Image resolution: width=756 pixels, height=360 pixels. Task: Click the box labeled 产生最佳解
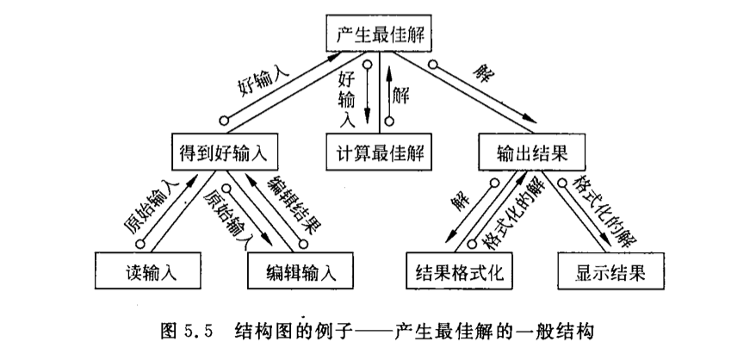pos(379,33)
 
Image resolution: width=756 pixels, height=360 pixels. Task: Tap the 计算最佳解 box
pos(379,152)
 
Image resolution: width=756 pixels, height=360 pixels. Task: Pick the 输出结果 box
pos(532,152)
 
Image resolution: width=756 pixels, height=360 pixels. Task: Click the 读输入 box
pos(148,270)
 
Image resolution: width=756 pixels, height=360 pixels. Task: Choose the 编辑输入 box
pos(301,270)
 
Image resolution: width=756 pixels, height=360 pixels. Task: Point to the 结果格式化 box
pos(459,270)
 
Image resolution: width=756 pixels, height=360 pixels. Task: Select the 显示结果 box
pos(610,270)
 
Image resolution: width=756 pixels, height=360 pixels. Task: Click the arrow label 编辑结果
pos(295,204)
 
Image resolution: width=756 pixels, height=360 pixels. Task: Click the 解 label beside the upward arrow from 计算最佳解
pos(400,96)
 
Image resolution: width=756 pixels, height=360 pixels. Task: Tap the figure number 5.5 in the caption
pos(198,332)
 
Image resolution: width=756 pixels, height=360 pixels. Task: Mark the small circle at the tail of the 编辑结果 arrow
pos(303,245)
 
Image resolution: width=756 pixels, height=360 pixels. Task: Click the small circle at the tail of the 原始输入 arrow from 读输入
pos(139,244)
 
